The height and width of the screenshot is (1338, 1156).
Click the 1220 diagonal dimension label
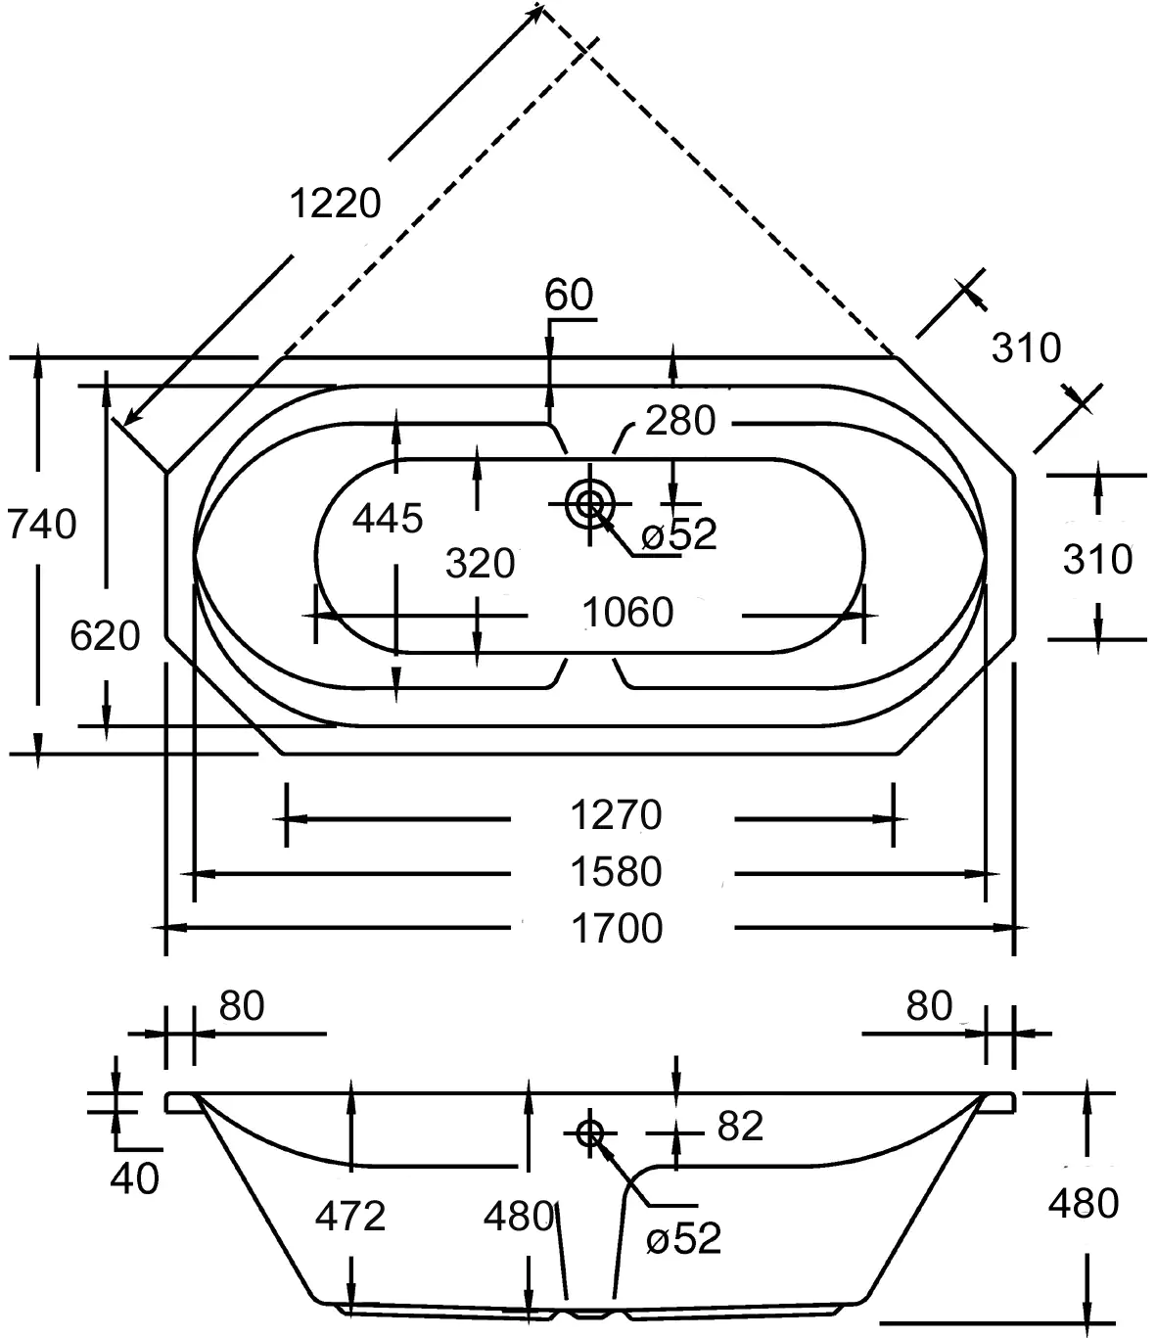click(335, 204)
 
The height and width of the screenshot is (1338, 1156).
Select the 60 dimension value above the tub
click(569, 295)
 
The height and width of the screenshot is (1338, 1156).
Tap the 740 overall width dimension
click(42, 525)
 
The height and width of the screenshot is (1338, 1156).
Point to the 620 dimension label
click(105, 636)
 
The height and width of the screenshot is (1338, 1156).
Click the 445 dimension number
click(388, 519)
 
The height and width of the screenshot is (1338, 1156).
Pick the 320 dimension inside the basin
click(480, 564)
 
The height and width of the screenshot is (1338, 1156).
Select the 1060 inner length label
click(627, 613)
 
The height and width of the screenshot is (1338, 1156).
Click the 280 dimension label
click(680, 421)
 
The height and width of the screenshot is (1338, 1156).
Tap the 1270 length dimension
click(617, 814)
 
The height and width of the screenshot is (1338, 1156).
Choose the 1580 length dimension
click(617, 871)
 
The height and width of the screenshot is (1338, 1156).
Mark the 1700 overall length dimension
click(617, 928)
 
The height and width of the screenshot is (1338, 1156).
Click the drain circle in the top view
click(589, 504)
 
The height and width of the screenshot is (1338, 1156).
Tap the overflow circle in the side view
click(589, 1132)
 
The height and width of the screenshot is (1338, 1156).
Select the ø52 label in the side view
click(684, 1239)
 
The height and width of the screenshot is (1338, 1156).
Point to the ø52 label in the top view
click(679, 534)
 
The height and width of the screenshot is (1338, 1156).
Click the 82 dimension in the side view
click(740, 1127)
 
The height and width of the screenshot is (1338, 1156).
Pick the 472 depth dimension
click(350, 1217)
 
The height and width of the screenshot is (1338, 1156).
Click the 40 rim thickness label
click(134, 1178)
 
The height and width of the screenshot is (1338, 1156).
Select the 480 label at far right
click(1083, 1203)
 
